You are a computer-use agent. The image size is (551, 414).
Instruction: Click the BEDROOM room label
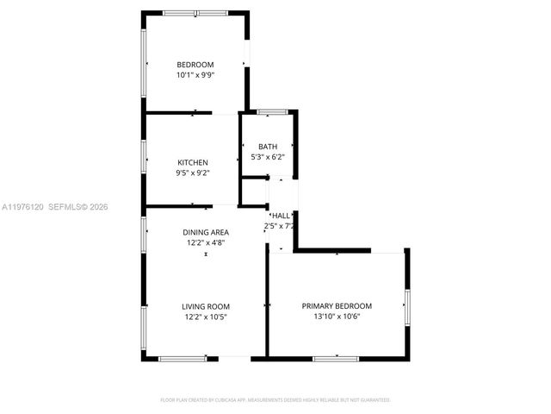click(x=195, y=65)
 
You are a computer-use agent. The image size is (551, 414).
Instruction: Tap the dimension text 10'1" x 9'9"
click(x=195, y=75)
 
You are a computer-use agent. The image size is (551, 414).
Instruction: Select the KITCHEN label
click(x=193, y=162)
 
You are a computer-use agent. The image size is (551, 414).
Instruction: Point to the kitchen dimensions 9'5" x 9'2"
click(x=193, y=172)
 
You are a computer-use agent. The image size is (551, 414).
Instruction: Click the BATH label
click(x=268, y=147)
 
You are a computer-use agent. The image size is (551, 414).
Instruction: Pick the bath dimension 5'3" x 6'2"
click(x=268, y=157)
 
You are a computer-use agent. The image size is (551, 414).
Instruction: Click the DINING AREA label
click(x=205, y=233)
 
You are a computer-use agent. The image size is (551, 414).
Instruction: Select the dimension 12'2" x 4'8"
click(x=205, y=243)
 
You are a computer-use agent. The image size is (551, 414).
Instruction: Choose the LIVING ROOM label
click(x=205, y=306)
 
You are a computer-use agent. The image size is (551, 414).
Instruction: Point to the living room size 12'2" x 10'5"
click(x=205, y=317)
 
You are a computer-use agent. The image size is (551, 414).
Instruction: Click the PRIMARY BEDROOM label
click(x=337, y=306)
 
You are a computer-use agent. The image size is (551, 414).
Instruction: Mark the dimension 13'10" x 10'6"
click(x=337, y=317)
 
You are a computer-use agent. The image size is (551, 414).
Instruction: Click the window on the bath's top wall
click(x=272, y=111)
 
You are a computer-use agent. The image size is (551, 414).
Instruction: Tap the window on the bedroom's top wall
click(x=196, y=12)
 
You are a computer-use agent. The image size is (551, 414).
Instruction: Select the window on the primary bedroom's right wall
click(x=406, y=302)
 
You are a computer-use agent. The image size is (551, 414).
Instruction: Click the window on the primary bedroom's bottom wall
click(x=336, y=357)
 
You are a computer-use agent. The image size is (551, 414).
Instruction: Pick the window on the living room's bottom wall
click(x=182, y=357)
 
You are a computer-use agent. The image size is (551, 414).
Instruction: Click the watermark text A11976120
click(x=22, y=207)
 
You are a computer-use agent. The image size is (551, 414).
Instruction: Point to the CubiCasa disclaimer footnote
click(x=275, y=400)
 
